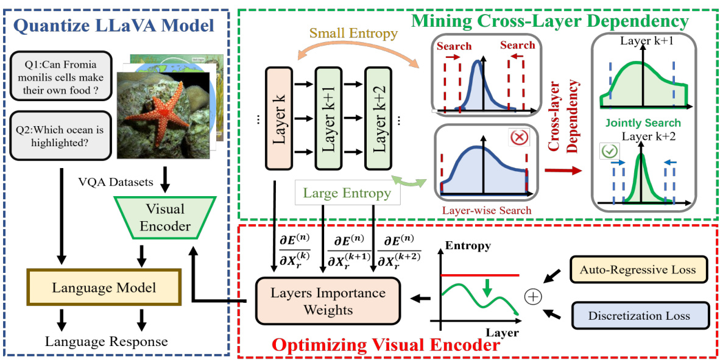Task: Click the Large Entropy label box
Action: (347, 194)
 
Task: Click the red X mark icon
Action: (520, 138)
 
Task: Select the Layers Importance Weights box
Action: (328, 301)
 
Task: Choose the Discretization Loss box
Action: (640, 316)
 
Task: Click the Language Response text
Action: (106, 341)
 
